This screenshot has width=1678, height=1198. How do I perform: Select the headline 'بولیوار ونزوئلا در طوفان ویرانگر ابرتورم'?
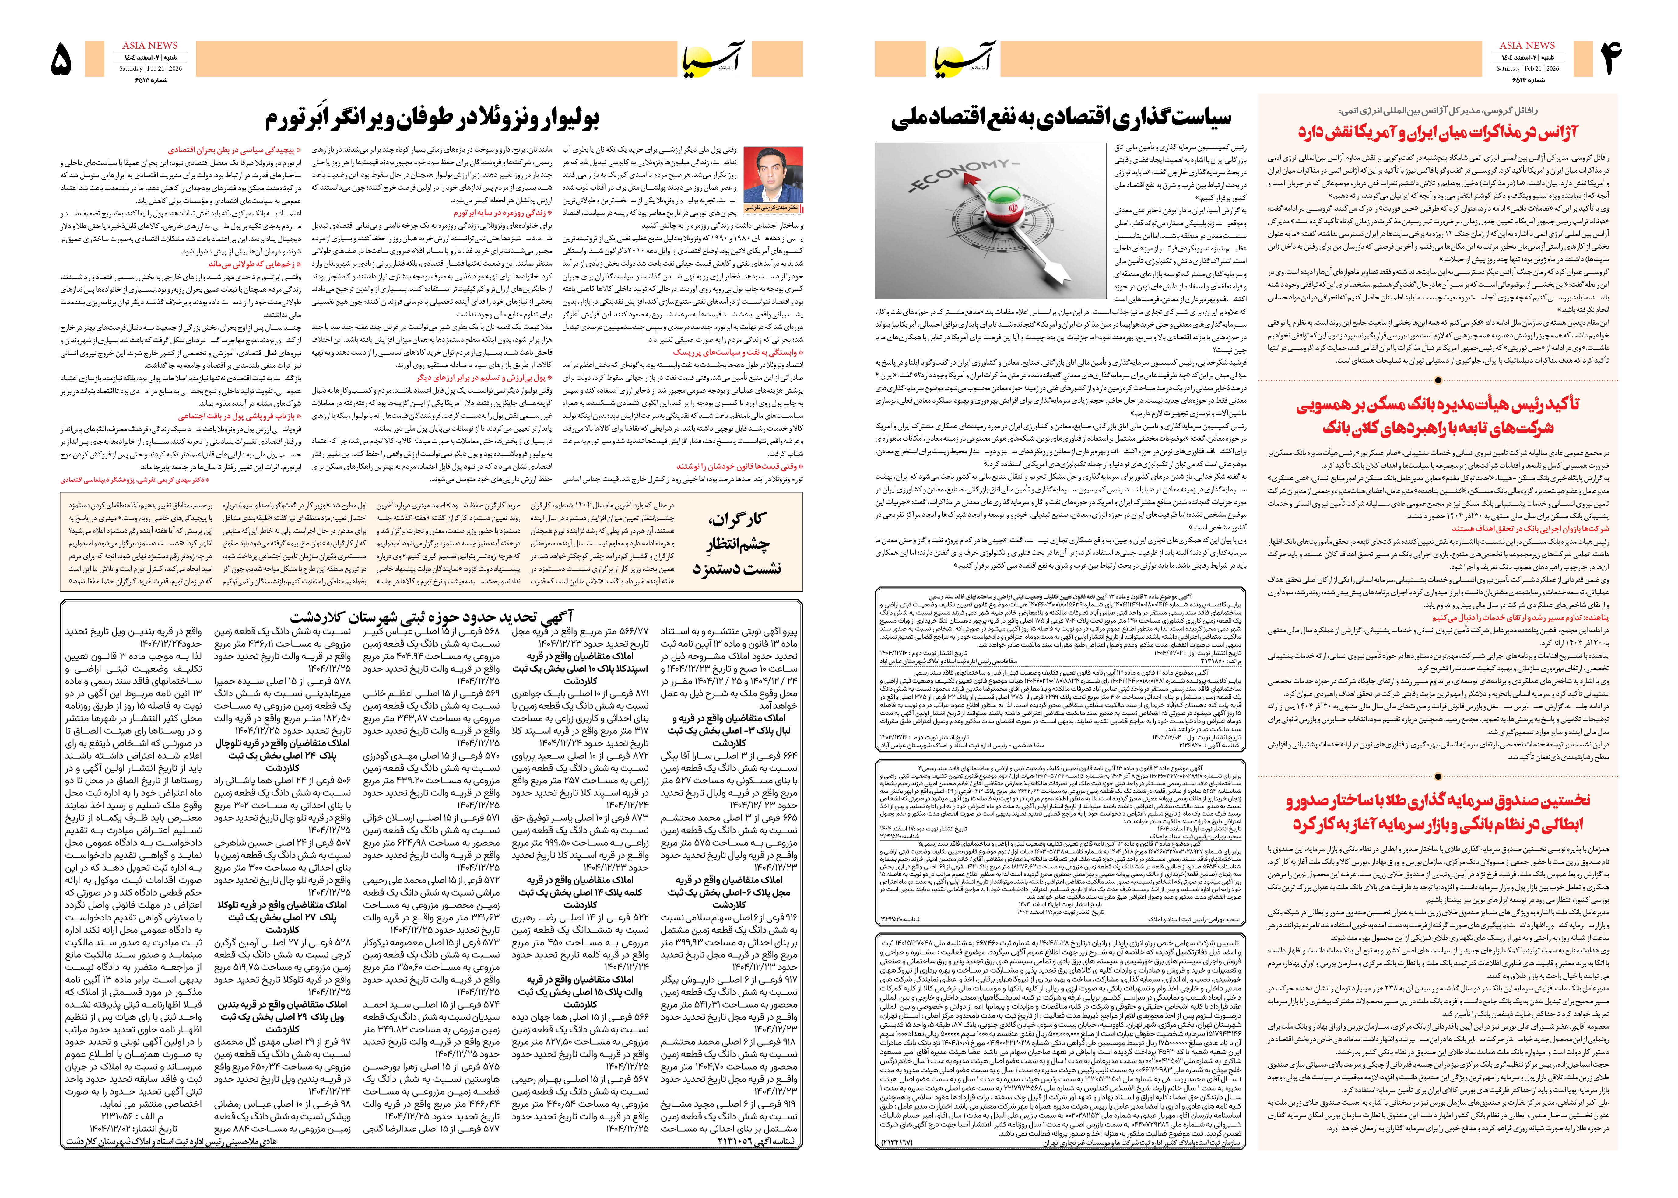coord(432,118)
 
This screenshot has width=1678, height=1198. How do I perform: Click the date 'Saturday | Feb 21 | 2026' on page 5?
coord(150,68)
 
